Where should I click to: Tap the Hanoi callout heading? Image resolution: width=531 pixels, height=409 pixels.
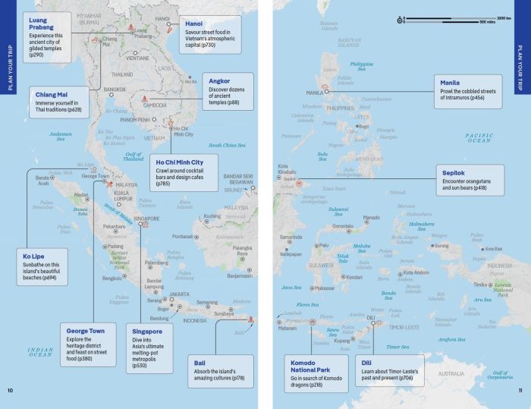point(193,24)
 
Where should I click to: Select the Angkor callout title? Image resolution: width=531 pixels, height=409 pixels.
point(218,80)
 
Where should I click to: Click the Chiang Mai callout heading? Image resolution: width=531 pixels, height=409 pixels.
point(52,93)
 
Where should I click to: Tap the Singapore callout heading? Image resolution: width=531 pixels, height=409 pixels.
point(147,332)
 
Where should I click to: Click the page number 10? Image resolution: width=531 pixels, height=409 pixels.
point(10,390)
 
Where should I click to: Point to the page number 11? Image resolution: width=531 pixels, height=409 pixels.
point(520,390)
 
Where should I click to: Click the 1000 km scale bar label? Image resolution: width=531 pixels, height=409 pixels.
point(503,17)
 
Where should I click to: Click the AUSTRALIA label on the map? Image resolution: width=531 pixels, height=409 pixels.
point(452,374)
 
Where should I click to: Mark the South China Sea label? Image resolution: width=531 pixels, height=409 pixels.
point(228,145)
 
